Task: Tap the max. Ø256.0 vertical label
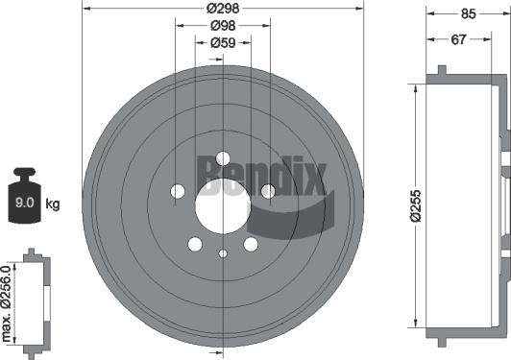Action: [x=10, y=302]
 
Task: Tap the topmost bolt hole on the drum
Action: [x=223, y=158]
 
